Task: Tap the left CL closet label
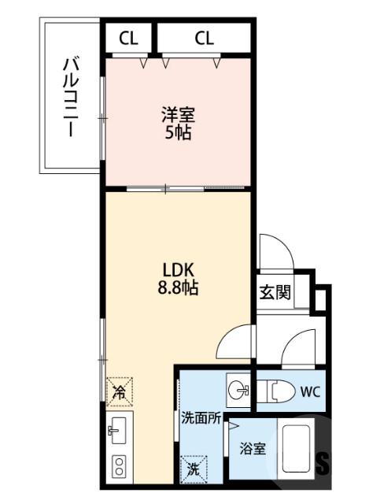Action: click(x=130, y=37)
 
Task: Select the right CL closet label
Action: click(x=204, y=37)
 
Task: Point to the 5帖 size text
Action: click(x=176, y=133)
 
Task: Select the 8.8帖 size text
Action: click(x=176, y=288)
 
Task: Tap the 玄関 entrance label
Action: click(x=275, y=292)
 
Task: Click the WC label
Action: click(x=310, y=391)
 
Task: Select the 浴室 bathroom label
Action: click(x=253, y=449)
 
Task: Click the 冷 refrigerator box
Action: click(x=120, y=390)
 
